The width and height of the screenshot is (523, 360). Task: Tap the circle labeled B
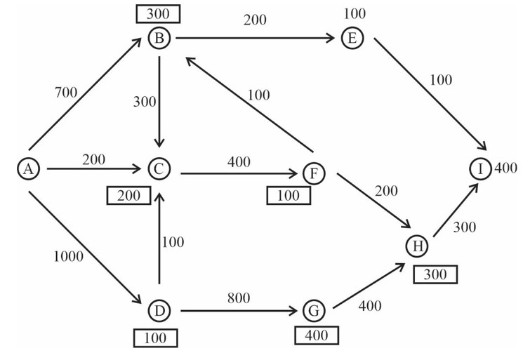click(x=160, y=38)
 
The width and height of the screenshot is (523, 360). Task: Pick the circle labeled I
click(x=481, y=168)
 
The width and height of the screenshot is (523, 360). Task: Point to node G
click(x=313, y=309)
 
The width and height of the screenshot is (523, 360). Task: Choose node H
click(x=418, y=246)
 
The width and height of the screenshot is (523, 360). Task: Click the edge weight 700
click(x=67, y=92)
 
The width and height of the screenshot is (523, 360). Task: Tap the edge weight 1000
click(x=67, y=256)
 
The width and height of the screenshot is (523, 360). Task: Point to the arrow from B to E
click(x=256, y=38)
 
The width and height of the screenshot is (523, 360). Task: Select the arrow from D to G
click(x=239, y=309)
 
